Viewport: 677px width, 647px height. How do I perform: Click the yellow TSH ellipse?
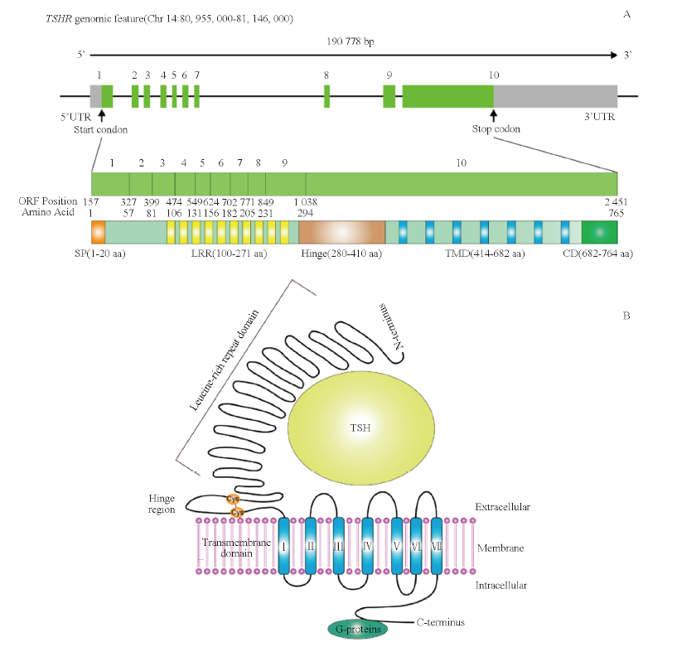361,427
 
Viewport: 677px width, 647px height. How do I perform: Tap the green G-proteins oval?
358,629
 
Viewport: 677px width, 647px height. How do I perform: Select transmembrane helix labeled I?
283,546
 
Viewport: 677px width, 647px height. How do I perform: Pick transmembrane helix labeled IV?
367,546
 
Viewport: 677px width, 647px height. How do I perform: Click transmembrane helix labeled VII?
437,546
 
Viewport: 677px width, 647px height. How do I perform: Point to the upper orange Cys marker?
233,499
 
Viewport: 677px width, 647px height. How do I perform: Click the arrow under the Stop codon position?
494,115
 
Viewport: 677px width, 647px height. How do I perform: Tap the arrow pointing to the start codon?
101,115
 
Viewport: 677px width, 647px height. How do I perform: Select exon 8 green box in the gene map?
326,96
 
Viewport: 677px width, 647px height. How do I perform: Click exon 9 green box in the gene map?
389,96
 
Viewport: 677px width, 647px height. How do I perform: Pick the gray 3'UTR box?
556,96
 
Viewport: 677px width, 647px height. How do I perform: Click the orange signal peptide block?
98,232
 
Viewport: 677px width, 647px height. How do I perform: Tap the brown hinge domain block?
342,232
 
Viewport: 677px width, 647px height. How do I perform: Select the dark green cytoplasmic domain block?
600,232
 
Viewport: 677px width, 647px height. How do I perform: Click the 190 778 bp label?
351,41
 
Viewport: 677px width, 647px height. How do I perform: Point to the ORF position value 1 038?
305,201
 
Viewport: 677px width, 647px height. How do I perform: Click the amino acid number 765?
617,213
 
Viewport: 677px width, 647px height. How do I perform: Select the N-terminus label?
391,326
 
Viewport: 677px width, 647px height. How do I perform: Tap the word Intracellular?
500,585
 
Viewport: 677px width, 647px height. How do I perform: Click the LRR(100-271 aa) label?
229,253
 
